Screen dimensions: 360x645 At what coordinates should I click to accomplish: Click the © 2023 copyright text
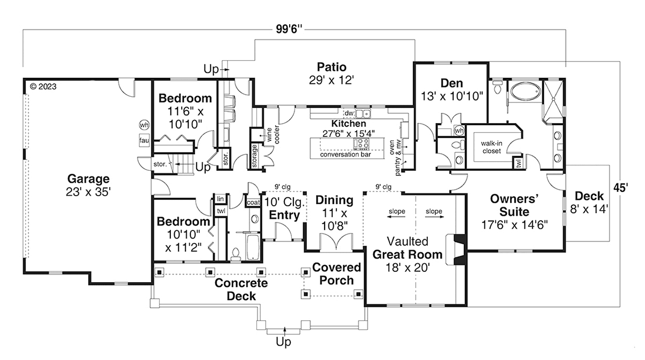point(44,86)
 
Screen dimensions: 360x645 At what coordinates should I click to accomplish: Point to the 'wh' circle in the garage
point(144,125)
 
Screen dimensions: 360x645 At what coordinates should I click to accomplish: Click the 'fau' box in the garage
point(144,141)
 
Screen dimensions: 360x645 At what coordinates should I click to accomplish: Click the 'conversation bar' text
point(345,155)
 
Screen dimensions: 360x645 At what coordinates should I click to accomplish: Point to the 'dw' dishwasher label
point(348,113)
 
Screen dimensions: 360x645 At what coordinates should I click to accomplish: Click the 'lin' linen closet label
point(220,199)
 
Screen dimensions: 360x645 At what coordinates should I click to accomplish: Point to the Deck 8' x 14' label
point(590,202)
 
